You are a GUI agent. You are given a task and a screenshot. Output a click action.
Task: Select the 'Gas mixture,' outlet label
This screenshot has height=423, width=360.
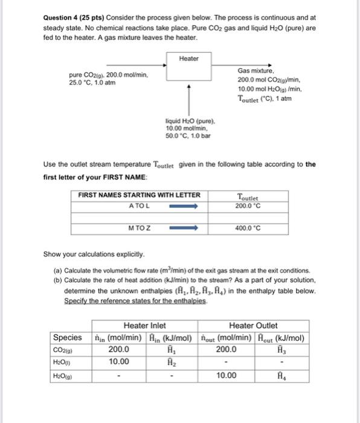tap(256, 71)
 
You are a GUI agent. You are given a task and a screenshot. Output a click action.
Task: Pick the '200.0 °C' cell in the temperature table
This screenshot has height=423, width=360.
tap(248, 205)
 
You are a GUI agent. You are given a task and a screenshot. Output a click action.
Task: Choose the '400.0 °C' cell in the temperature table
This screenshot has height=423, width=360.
tap(248, 228)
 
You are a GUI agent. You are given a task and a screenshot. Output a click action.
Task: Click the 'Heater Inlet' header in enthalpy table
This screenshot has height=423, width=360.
tap(144, 325)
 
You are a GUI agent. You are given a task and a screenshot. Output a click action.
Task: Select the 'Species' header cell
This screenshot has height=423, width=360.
tap(68, 337)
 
